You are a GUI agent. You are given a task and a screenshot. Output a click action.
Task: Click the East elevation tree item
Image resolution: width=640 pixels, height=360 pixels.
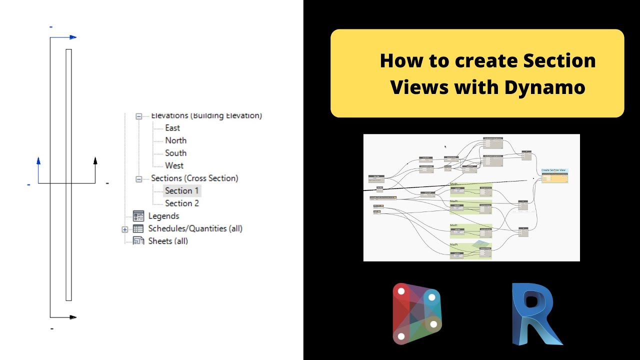pyautogui.click(x=172, y=128)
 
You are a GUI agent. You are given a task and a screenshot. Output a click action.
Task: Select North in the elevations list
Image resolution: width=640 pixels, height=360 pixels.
pyautogui.click(x=175, y=140)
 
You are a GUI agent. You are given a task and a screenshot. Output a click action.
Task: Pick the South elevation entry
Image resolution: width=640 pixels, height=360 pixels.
pyautogui.click(x=175, y=153)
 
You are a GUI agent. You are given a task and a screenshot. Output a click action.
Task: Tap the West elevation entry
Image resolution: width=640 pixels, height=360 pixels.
pyautogui.click(x=174, y=165)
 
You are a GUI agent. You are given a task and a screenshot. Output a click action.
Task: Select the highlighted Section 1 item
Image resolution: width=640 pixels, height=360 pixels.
pyautogui.click(x=181, y=190)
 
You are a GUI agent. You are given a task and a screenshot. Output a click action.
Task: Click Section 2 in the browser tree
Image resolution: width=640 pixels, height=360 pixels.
pyautogui.click(x=182, y=203)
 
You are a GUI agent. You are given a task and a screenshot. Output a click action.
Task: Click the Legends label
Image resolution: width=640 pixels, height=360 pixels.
pyautogui.click(x=163, y=216)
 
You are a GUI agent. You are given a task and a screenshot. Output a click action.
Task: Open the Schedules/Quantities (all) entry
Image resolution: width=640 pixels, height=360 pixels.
pyautogui.click(x=195, y=228)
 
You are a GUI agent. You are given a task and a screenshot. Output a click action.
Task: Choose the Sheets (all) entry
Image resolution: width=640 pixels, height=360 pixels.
pyautogui.click(x=168, y=241)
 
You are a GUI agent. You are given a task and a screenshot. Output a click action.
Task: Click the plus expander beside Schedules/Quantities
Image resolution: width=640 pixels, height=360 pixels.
pyautogui.click(x=124, y=229)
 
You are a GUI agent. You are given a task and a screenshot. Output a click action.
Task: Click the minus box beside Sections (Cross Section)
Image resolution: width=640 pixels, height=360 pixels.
pyautogui.click(x=139, y=178)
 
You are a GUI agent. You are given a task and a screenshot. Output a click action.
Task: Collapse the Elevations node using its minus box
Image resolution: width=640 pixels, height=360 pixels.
pyautogui.click(x=139, y=116)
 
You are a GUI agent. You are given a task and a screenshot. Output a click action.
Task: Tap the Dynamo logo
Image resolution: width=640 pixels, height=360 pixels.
pyautogui.click(x=416, y=313)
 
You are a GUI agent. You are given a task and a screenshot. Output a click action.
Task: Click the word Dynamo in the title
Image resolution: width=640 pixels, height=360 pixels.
pyautogui.click(x=544, y=87)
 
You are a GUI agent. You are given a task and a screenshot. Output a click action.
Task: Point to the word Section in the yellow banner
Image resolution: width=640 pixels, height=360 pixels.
pyautogui.click(x=559, y=61)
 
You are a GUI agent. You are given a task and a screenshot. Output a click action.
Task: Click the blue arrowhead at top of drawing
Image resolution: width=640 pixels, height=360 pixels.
pyautogui.click(x=72, y=37)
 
